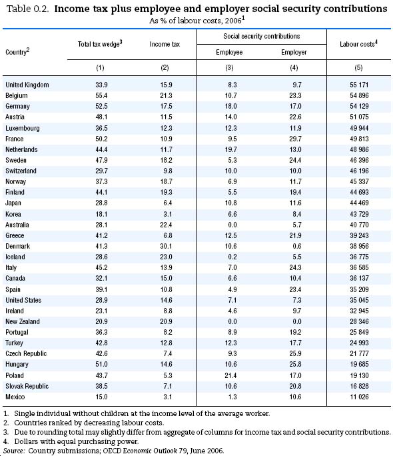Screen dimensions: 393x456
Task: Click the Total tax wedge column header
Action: coord(100,44)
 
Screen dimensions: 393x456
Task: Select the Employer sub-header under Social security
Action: coord(294,53)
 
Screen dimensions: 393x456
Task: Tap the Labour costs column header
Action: coord(358,44)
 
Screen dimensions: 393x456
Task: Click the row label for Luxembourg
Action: coord(23,128)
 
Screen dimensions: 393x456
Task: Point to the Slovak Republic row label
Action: coord(27,386)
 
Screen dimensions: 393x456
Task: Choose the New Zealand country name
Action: coord(23,321)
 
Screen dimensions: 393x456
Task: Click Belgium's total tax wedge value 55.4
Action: coord(101,96)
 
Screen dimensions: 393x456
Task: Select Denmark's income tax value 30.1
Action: coord(166,246)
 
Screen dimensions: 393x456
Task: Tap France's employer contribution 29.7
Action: coord(295,139)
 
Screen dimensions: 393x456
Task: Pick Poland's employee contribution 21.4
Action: coord(230,375)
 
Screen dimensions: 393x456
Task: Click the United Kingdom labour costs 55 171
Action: coord(359,85)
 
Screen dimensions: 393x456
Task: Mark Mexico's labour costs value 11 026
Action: coord(359,397)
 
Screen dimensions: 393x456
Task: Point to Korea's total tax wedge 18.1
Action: coord(101,214)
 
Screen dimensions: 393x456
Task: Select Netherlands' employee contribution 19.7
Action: coord(230,150)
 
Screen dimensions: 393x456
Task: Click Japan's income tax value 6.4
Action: coord(168,203)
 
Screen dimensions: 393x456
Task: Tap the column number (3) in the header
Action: coord(229,68)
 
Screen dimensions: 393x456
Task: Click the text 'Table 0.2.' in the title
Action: coord(27,9)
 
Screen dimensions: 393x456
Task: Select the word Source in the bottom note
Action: coord(14,451)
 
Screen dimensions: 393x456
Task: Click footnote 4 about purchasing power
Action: coord(71,441)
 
